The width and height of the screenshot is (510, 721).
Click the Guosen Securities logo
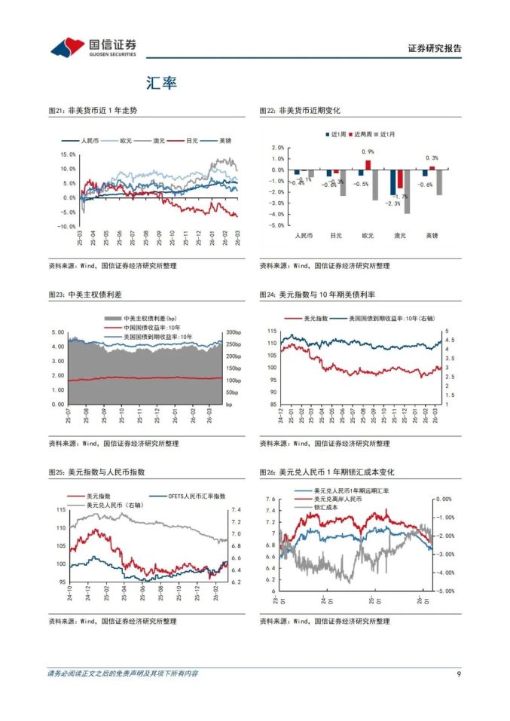pos(93,48)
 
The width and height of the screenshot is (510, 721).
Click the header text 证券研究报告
pos(434,49)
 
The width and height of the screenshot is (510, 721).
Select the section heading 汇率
pos(162,83)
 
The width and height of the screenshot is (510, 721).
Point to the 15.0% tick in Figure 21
pos(67,154)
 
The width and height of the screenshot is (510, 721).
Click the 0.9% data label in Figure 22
pos(368,152)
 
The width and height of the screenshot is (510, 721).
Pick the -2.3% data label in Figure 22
pos(392,203)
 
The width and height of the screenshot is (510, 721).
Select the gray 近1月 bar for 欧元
pos(375,185)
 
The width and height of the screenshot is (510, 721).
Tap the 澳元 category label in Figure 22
pos(399,236)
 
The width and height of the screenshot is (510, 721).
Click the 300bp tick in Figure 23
pos(233,332)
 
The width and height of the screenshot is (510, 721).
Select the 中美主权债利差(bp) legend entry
pos(149,319)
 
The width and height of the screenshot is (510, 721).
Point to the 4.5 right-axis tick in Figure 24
pos(450,341)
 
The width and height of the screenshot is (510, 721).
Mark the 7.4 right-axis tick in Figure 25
pos(235,510)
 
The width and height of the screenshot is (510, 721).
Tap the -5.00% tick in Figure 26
pos(443,591)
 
